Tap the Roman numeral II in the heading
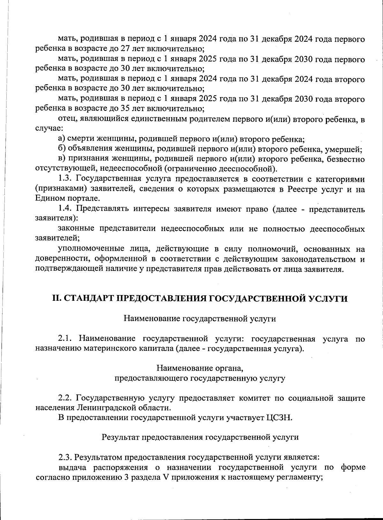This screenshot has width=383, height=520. coord(56,299)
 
